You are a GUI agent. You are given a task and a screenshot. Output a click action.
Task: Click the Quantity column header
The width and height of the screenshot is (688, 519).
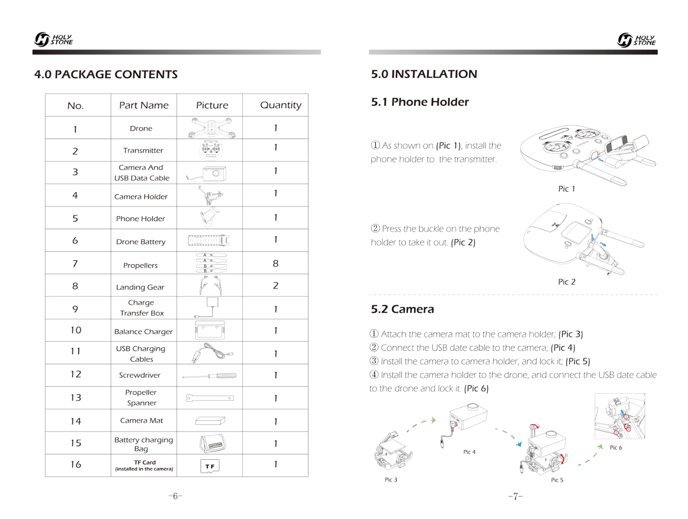coord(281,105)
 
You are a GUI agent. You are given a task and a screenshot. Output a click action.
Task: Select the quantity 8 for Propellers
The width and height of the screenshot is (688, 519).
coord(275,263)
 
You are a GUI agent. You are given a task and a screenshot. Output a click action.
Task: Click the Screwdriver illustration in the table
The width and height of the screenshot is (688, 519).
coord(209,376)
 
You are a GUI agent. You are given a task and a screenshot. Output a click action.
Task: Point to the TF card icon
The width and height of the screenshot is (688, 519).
coord(210,466)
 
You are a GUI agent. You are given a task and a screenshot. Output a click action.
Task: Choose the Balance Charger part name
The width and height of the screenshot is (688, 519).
coord(143,332)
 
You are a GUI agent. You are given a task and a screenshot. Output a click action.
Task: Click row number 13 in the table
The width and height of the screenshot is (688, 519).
coord(76,398)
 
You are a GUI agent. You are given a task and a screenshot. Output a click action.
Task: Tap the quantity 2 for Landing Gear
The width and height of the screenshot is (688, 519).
coord(275,286)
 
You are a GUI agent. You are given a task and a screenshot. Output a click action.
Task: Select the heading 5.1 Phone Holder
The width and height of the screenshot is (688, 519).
coord(419,102)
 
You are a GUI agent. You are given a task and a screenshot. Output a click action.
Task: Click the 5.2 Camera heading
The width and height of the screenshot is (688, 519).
coord(402,309)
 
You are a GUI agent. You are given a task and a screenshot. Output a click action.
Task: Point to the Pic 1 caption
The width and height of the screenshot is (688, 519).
coord(566,189)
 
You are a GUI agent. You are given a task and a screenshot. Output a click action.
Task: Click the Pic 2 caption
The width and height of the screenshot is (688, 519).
coord(566,282)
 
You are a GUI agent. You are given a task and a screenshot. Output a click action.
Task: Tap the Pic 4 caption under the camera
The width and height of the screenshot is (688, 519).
coord(469,452)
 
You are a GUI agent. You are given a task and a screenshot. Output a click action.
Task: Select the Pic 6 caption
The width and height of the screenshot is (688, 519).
coord(615,447)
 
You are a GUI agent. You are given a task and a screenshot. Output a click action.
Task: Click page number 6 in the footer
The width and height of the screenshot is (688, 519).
coord(175,496)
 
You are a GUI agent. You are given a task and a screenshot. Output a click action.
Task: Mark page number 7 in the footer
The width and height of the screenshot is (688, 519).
coord(515,496)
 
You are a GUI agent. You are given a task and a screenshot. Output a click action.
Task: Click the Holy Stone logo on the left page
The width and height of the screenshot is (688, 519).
coord(53,39)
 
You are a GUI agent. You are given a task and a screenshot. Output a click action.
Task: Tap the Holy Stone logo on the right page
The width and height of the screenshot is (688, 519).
coord(636,40)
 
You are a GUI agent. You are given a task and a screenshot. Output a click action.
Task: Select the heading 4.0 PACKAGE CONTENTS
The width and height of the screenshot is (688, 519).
coord(106,75)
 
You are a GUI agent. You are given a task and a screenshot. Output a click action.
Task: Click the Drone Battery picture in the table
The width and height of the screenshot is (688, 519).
coord(209,241)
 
